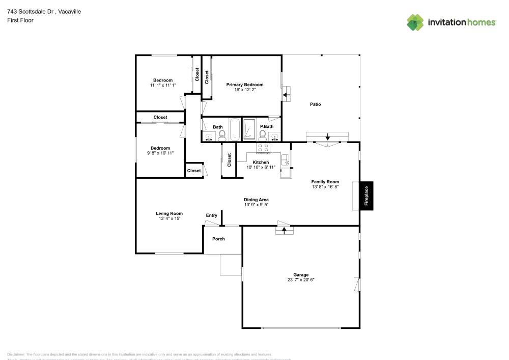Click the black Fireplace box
click(x=366, y=196)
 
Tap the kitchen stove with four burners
click(x=263, y=148)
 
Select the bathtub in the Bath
click(x=234, y=130)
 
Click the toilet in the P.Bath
click(x=263, y=135)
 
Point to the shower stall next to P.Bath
click(x=249, y=130)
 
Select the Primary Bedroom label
click(x=245, y=85)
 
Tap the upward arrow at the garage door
click(x=285, y=230)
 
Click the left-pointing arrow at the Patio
click(x=286, y=95)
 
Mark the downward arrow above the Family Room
click(x=327, y=136)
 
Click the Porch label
click(x=218, y=239)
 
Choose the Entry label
click(x=211, y=215)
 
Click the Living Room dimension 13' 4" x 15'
click(x=169, y=218)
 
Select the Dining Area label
click(x=256, y=200)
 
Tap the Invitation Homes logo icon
click(x=415, y=22)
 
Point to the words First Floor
click(x=20, y=20)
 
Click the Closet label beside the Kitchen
click(x=230, y=160)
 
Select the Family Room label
click(x=325, y=182)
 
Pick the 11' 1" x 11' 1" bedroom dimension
click(x=163, y=86)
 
